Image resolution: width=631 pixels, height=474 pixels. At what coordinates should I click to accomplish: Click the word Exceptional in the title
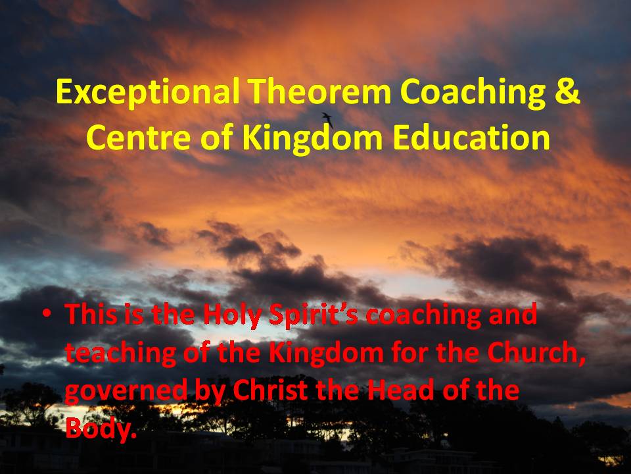coord(148,93)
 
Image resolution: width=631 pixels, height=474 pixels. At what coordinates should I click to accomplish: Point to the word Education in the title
coord(471,136)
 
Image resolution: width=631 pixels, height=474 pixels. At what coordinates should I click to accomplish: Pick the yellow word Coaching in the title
coord(473,93)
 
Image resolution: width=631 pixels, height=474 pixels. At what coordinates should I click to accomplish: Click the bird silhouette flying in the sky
coord(327,119)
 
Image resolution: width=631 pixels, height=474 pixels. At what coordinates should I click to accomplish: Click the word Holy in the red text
coord(232,315)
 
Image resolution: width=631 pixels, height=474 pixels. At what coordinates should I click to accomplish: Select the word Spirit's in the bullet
coord(313,315)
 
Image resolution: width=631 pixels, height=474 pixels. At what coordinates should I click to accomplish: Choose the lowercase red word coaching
coord(423,315)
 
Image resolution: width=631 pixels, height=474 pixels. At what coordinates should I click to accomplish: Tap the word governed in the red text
coord(126,391)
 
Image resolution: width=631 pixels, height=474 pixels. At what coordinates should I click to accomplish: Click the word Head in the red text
coord(400,390)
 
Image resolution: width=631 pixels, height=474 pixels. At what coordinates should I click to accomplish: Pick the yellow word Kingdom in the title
coord(312,138)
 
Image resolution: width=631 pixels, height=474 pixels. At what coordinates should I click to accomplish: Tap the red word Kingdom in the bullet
coord(326,353)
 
